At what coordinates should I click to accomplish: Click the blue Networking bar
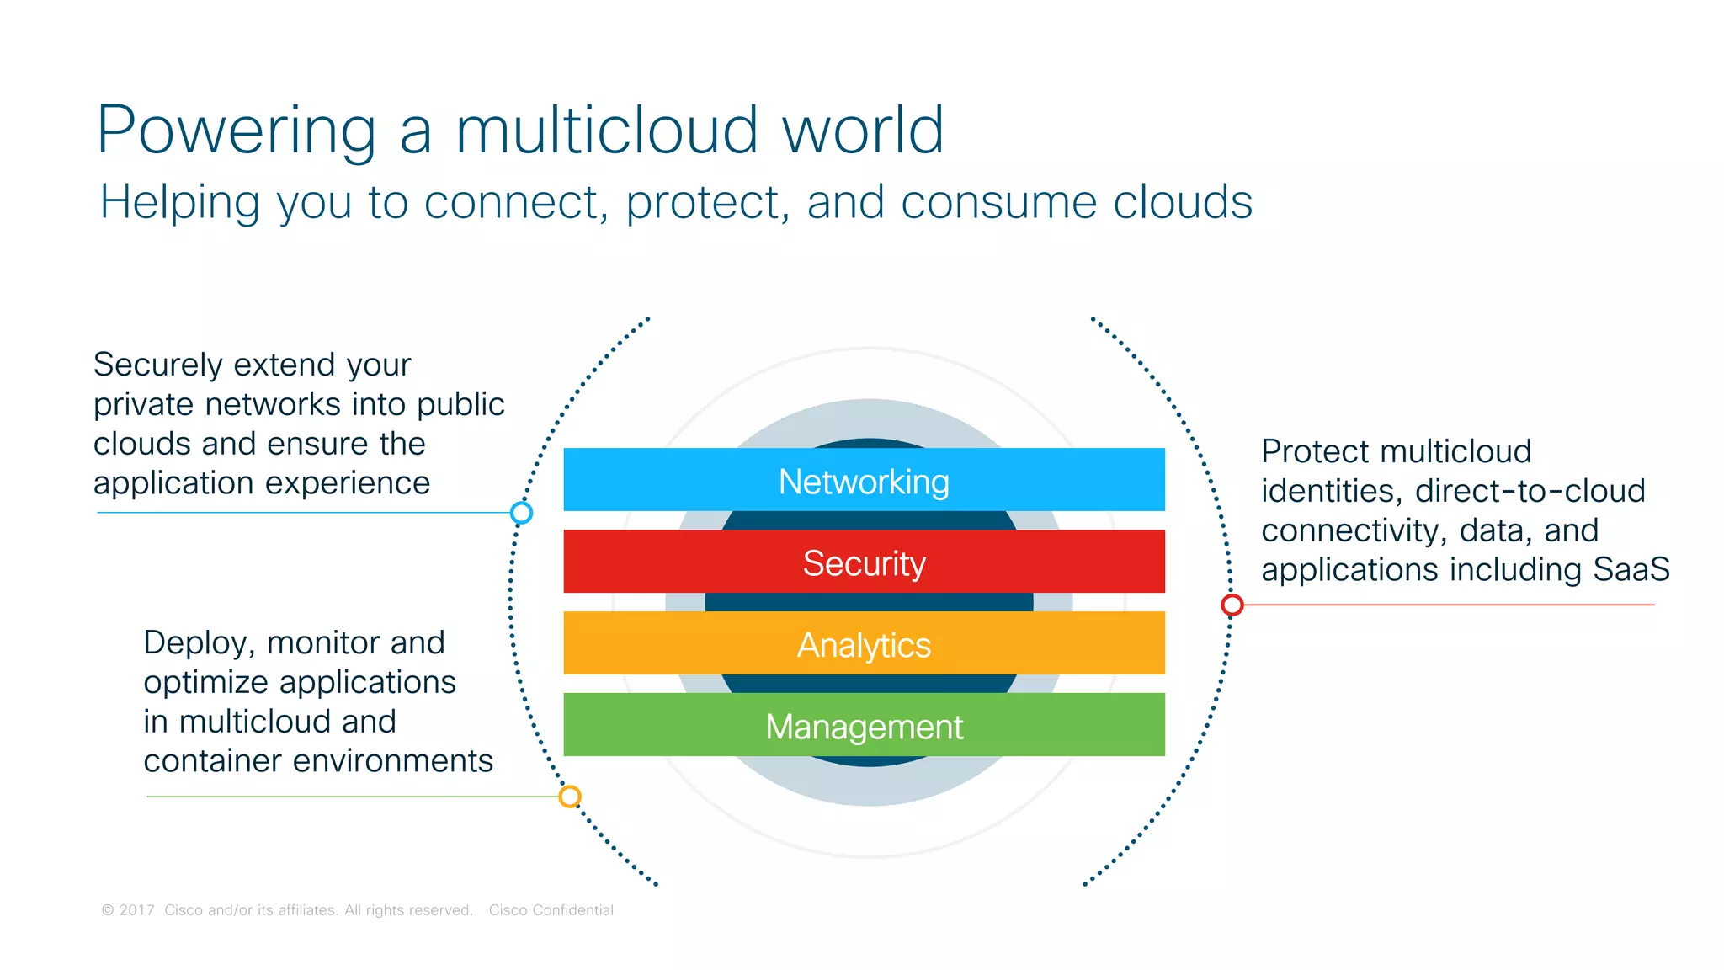pyautogui.click(x=864, y=480)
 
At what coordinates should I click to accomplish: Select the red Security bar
pyautogui.click(x=864, y=562)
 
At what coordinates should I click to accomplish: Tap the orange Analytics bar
pyautogui.click(x=864, y=643)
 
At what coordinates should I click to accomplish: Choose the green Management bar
pyautogui.click(x=864, y=725)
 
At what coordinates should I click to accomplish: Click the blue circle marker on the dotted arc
pyautogui.click(x=521, y=512)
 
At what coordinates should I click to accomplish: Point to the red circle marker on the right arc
pyautogui.click(x=1232, y=605)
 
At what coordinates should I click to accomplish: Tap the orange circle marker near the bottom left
pyautogui.click(x=570, y=796)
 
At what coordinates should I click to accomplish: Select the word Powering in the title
pyautogui.click(x=237, y=130)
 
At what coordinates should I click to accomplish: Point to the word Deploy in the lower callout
pyautogui.click(x=199, y=643)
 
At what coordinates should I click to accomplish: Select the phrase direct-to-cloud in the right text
pyautogui.click(x=1530, y=491)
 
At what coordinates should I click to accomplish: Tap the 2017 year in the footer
pyautogui.click(x=136, y=910)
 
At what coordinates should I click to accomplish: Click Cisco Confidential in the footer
pyautogui.click(x=551, y=910)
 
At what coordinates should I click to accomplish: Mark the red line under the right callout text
pyautogui.click(x=1448, y=605)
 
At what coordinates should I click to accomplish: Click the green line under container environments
pyautogui.click(x=354, y=797)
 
